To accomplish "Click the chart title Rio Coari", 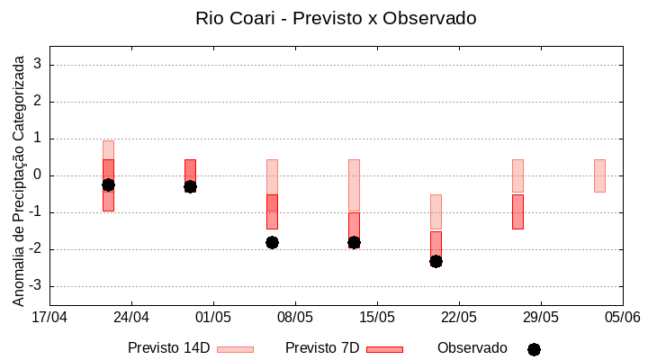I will (335, 18).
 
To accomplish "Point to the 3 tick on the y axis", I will (38, 65).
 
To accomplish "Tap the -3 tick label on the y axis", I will (35, 286).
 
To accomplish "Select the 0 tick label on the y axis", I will (38, 175).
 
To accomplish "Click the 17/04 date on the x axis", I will (49, 317).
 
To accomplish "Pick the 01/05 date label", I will (213, 317).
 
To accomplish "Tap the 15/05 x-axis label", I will (377, 317).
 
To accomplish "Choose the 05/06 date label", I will (622, 317).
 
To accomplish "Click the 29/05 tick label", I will (541, 317).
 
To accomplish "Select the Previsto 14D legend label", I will (168, 347).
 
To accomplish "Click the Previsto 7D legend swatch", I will (384, 348).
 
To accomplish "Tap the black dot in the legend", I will (534, 349).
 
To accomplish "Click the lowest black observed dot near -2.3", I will (436, 261).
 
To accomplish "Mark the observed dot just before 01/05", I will (190, 186).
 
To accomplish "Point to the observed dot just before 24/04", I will (108, 184).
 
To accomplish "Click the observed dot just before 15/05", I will (354, 242).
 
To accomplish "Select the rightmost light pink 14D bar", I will (599, 175).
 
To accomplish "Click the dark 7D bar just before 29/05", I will (517, 211).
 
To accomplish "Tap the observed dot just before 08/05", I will (272, 242).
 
